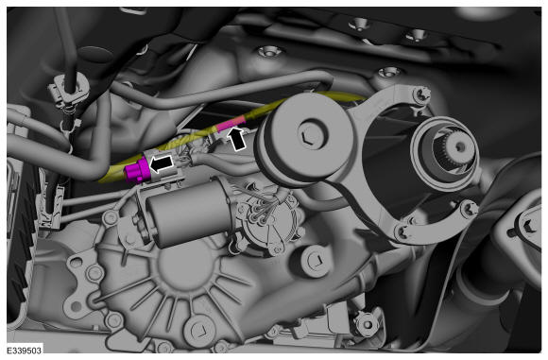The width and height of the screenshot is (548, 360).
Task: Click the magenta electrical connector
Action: pyautogui.click(x=138, y=170)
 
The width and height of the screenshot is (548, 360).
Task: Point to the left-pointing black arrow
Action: pyautogui.click(x=162, y=163)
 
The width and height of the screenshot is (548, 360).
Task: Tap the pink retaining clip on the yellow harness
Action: pyautogui.click(x=231, y=124)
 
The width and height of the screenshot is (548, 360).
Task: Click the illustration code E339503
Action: pyautogui.click(x=24, y=351)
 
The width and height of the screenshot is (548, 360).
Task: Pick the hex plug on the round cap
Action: pyautogui.click(x=309, y=133)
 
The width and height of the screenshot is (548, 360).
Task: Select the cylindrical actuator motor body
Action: pyautogui.click(x=189, y=213)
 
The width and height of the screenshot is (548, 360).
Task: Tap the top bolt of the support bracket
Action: pyautogui.click(x=421, y=94)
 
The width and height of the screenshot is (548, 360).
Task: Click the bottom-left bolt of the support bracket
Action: pyautogui.click(x=404, y=232)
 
